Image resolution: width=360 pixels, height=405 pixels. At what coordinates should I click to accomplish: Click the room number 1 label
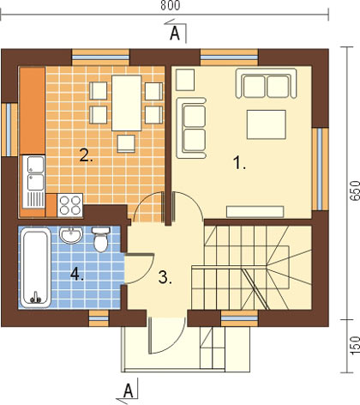(x=239, y=163)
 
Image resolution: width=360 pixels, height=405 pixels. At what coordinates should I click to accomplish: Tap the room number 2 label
(x=86, y=155)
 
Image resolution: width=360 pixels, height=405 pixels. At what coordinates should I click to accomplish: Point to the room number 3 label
(x=165, y=277)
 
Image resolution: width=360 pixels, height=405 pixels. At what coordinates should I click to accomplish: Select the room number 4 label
(x=77, y=275)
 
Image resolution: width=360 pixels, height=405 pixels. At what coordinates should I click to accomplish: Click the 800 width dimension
(x=171, y=5)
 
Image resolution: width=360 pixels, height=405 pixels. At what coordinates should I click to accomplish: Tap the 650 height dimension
(x=355, y=190)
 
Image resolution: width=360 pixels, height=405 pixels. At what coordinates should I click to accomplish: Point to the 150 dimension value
(x=355, y=347)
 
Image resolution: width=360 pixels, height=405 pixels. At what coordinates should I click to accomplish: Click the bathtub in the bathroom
(x=35, y=268)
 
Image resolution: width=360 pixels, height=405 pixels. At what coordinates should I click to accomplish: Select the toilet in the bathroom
(x=100, y=239)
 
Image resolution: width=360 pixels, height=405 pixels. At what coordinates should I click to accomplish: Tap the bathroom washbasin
(x=71, y=235)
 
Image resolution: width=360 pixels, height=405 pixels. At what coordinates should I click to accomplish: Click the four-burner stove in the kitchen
(x=70, y=205)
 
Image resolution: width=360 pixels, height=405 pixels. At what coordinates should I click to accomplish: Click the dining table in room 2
(x=127, y=103)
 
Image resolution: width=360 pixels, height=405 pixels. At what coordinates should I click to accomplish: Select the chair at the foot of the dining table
(x=126, y=143)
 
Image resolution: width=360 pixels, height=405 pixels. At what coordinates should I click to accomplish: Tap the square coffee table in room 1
(x=267, y=124)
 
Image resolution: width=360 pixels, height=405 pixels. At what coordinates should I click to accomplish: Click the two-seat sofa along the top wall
(x=266, y=83)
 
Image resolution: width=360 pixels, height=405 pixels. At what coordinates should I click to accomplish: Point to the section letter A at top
(x=175, y=33)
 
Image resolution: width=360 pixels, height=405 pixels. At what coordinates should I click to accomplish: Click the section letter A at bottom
(x=129, y=390)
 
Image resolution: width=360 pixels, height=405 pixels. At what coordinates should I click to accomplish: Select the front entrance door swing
(x=167, y=336)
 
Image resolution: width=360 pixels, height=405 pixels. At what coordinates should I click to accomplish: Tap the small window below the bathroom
(x=99, y=318)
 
